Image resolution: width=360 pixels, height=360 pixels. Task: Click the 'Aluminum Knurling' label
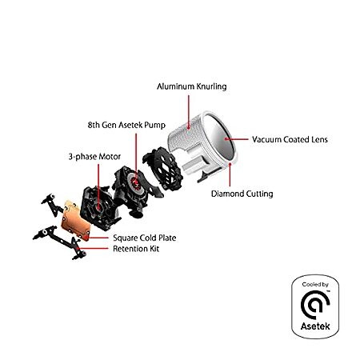pyautogui.click(x=192, y=86)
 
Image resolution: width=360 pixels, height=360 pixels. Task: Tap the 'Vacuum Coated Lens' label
pyautogui.click(x=290, y=139)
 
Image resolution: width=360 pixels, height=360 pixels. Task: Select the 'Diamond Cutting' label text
pyautogui.click(x=242, y=194)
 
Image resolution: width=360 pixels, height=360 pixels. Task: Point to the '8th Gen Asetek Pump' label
pyautogui.click(x=126, y=125)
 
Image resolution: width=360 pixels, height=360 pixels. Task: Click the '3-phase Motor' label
pyautogui.click(x=94, y=157)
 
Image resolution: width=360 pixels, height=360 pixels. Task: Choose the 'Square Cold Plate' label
pyautogui.click(x=145, y=238)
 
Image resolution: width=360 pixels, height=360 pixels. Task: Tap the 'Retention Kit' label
pyautogui.click(x=136, y=249)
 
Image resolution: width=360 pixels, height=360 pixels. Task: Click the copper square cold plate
pyautogui.click(x=76, y=221)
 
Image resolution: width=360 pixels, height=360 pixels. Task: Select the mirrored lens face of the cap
pyautogui.click(x=219, y=138)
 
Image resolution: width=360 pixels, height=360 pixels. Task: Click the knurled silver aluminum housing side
pyautogui.click(x=184, y=134)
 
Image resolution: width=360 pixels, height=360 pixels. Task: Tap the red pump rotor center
pyautogui.click(x=136, y=182)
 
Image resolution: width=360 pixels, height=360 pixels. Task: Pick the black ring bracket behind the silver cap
pyautogui.click(x=163, y=169)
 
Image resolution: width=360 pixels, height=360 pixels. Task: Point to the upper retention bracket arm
pyautogui.click(x=53, y=205)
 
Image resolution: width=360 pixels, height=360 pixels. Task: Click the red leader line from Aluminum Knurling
pyautogui.click(x=189, y=111)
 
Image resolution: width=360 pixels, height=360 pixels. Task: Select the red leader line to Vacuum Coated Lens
pyautogui.click(x=237, y=139)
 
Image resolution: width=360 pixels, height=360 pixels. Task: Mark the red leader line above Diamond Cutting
pyautogui.click(x=230, y=174)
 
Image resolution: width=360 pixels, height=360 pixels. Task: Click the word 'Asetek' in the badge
pyautogui.click(x=315, y=326)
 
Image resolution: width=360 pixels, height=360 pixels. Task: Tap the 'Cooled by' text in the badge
pyautogui.click(x=315, y=285)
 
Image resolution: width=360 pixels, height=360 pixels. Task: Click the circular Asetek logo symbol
pyautogui.click(x=315, y=305)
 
